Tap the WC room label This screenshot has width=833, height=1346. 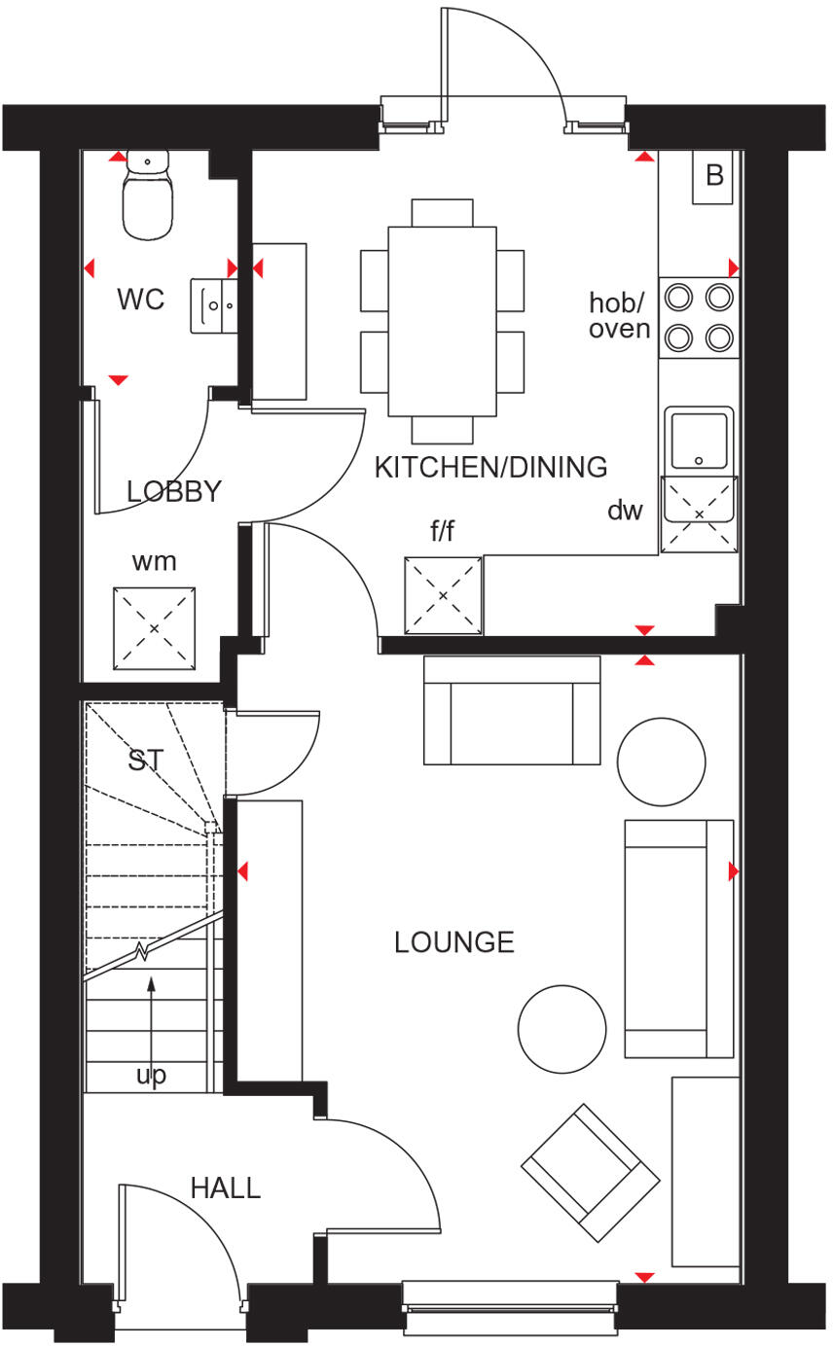point(141,300)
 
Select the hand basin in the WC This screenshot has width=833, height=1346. point(215,304)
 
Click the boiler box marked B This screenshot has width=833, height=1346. point(713,177)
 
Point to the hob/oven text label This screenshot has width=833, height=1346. point(619,316)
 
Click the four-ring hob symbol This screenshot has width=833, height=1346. point(699,316)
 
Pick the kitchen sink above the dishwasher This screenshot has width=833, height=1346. point(699,440)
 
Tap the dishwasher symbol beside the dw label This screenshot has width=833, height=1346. point(699,514)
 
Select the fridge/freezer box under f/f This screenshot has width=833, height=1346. point(444,593)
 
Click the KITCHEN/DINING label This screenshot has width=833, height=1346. point(490,468)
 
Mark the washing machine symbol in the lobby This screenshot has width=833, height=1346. point(154,628)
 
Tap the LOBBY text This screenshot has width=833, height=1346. point(174,491)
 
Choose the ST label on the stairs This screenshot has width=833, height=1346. point(146,761)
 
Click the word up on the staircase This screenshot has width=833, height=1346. point(151,1075)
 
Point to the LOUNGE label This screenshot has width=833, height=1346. point(453,942)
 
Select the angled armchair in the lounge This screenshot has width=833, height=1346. point(590,1172)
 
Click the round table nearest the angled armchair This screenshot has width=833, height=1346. point(561,1029)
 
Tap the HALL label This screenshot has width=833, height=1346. point(225,1187)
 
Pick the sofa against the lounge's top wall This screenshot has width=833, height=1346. point(512,710)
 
